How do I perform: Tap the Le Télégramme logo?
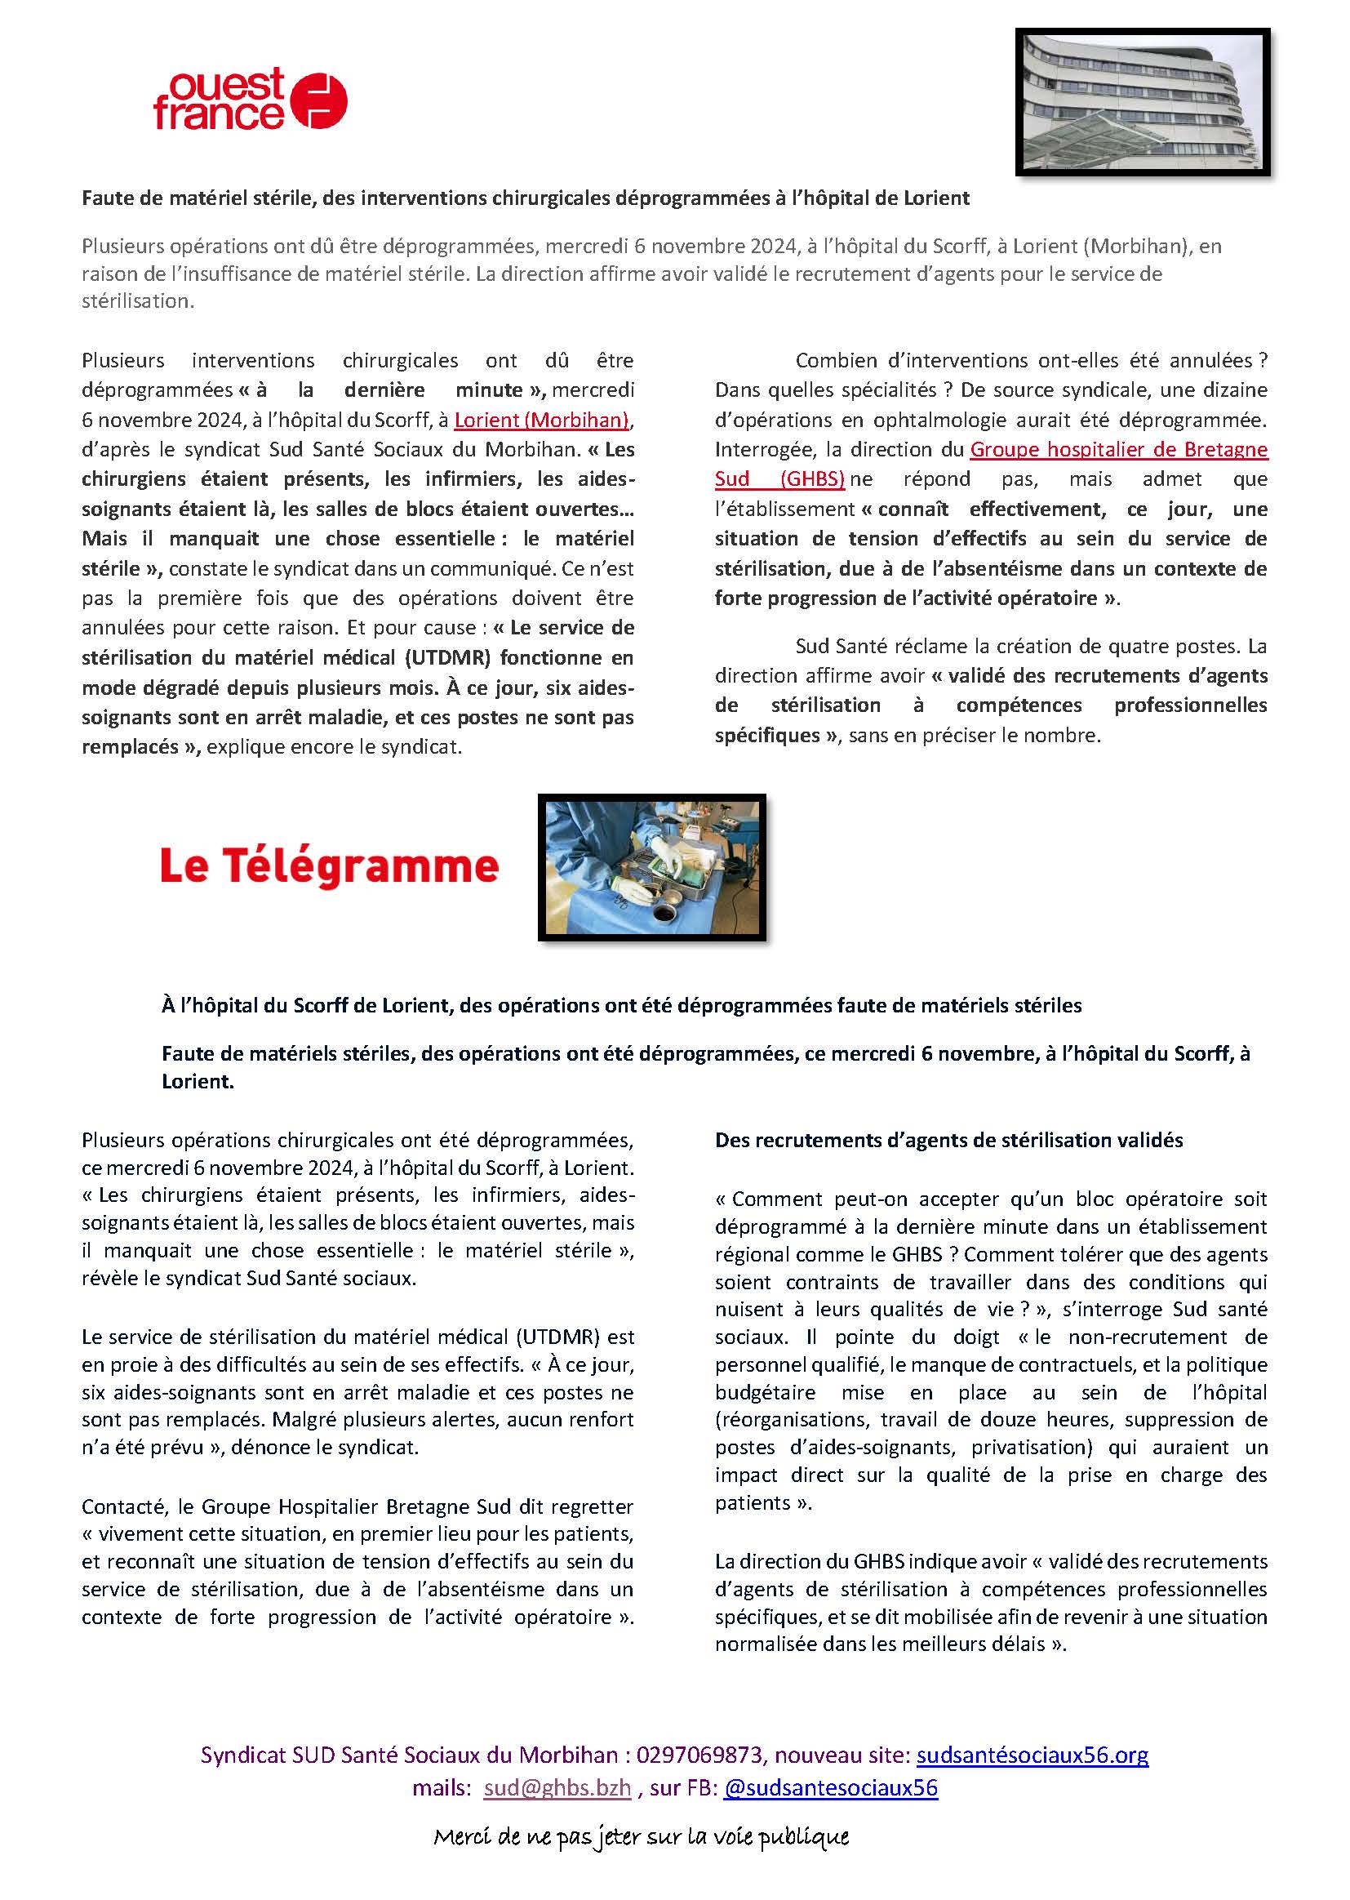click(329, 867)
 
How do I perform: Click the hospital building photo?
click(1142, 101)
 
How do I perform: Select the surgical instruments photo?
click(651, 867)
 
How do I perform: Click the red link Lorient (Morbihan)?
click(541, 420)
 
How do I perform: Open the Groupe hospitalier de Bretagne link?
click(1118, 450)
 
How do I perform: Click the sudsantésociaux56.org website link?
click(1032, 1755)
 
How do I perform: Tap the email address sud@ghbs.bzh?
click(557, 1788)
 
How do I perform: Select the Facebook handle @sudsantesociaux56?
click(830, 1788)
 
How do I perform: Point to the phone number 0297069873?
click(699, 1755)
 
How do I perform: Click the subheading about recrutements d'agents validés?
click(948, 1140)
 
